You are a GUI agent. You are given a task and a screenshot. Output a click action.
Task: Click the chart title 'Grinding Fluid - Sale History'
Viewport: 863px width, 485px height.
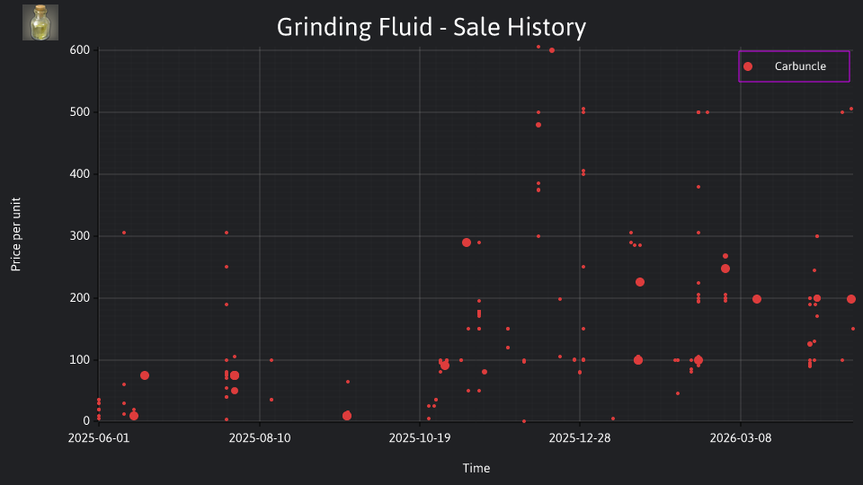click(431, 27)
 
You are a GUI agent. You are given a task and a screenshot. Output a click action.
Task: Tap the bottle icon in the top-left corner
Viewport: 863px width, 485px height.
click(40, 22)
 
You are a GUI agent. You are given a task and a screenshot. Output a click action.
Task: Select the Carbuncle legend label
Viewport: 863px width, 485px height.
click(800, 66)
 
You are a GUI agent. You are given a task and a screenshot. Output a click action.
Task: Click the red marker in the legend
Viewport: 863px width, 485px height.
click(748, 66)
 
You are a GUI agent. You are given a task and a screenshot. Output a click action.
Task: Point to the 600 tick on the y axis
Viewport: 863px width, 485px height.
click(79, 50)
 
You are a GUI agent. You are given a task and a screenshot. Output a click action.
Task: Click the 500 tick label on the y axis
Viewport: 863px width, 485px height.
click(79, 112)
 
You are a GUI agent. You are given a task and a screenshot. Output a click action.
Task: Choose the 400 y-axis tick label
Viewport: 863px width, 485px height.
click(79, 174)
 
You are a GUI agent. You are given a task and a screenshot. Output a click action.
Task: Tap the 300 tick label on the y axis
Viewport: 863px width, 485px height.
click(79, 236)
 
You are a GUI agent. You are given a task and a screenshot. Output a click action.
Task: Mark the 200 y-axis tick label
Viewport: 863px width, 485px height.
click(79, 298)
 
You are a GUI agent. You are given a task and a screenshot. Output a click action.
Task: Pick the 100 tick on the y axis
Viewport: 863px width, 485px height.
click(79, 360)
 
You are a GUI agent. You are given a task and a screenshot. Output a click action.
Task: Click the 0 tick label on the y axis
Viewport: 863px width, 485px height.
click(86, 421)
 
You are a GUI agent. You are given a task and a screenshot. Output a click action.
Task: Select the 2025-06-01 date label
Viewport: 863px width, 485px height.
click(99, 438)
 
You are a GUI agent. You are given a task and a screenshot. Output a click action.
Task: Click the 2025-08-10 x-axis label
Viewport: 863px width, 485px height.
click(260, 438)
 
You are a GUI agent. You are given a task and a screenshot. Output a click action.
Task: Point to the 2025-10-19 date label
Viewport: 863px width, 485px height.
click(420, 438)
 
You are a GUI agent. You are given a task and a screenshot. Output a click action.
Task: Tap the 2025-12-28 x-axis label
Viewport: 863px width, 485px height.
click(580, 438)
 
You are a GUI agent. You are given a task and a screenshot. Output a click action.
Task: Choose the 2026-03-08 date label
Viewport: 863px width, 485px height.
click(740, 438)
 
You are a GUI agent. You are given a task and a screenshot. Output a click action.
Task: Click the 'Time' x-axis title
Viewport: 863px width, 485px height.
click(476, 469)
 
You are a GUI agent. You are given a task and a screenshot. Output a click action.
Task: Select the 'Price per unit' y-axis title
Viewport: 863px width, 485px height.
click(16, 234)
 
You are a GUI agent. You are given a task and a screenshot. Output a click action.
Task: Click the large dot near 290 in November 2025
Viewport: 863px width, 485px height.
click(467, 242)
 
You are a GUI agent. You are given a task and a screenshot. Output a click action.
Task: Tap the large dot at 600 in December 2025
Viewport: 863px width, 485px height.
click(552, 50)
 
